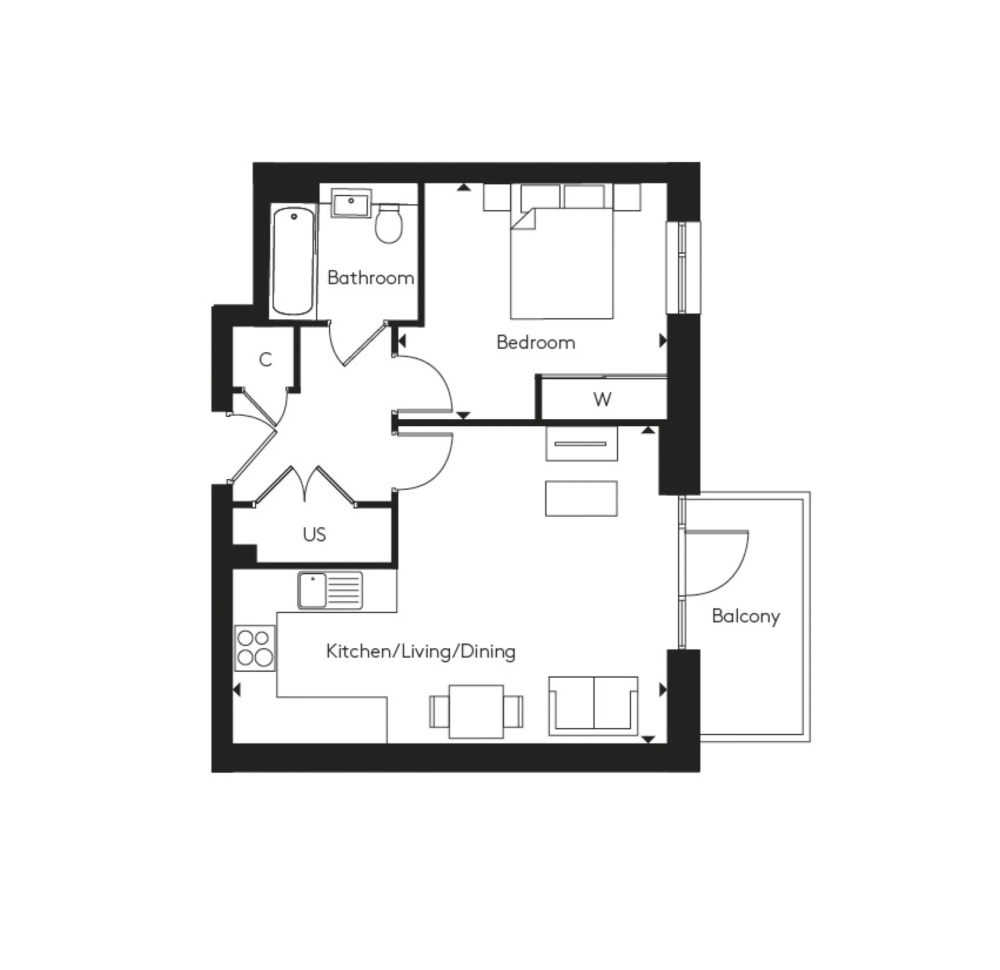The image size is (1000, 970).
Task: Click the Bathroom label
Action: (x=370, y=278)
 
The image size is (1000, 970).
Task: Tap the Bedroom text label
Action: (x=535, y=342)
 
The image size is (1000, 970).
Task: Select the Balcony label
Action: (x=745, y=616)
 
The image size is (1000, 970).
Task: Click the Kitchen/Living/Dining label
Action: (x=420, y=651)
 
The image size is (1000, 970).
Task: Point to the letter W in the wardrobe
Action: (x=602, y=399)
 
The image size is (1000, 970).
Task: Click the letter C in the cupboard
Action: (x=265, y=359)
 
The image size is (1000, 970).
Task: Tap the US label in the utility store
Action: (x=314, y=534)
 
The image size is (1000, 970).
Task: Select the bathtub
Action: (x=293, y=261)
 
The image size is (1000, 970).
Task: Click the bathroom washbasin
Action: (x=351, y=202)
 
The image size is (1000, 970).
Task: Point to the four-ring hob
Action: (x=254, y=648)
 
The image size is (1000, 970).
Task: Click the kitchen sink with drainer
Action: (x=330, y=590)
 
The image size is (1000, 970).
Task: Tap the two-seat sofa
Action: (x=593, y=706)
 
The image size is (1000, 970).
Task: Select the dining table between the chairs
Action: (x=476, y=712)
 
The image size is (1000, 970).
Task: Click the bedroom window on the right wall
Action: (x=682, y=267)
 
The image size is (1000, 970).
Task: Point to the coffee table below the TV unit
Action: (x=581, y=498)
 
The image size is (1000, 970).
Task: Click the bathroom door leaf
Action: (x=364, y=344)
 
